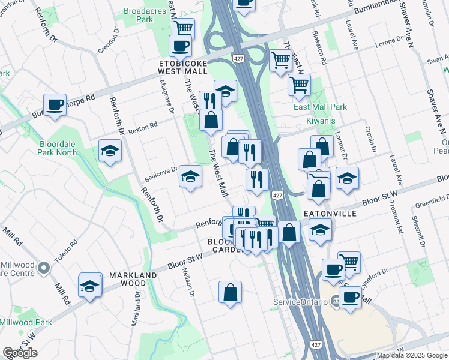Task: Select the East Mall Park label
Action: coord(321,107)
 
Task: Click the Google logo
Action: coord(20,353)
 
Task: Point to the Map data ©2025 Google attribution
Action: coord(412,355)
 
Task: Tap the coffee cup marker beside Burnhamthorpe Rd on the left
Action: coord(55,105)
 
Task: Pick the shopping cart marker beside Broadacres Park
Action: coord(183,27)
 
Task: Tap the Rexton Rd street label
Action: coord(142,127)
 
